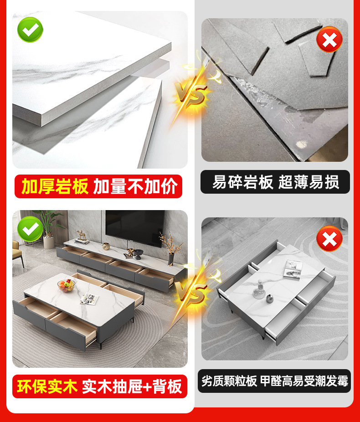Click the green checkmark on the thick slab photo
[x=30, y=30]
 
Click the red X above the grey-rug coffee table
[x=329, y=238]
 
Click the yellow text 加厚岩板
[x=55, y=186]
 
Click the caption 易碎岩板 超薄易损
[x=275, y=182]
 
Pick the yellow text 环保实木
[x=46, y=386]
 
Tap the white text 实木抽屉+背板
[x=132, y=386]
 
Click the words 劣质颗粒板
[x=230, y=381]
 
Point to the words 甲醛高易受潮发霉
[x=304, y=381]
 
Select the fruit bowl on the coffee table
[x=67, y=286]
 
